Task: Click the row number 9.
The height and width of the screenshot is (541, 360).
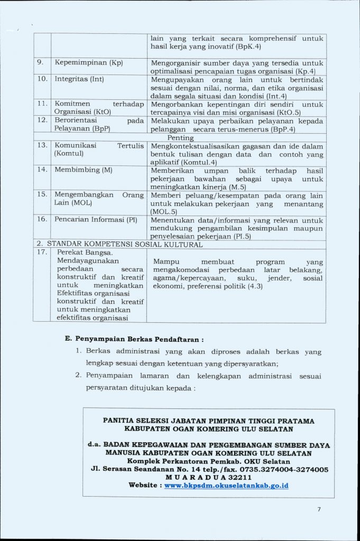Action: coord(40,63)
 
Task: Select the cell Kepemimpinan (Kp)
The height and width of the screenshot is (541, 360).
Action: coord(88,63)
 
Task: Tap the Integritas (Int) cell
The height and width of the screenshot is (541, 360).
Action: coord(79,79)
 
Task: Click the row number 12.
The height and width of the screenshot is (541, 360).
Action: coord(43,120)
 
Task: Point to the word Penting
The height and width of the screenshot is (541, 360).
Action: coord(180,137)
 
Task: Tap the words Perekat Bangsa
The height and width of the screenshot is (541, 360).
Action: coord(85,253)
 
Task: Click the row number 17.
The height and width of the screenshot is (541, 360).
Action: coord(43,252)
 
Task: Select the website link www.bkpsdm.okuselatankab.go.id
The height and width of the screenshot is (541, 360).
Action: coord(226,485)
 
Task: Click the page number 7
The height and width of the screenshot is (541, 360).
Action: coord(319,509)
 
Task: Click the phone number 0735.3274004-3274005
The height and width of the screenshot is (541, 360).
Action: coord(283,469)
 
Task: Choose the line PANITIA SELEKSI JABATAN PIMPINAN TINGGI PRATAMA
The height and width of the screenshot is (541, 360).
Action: coord(208,421)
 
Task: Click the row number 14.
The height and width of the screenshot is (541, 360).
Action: coord(43,170)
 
